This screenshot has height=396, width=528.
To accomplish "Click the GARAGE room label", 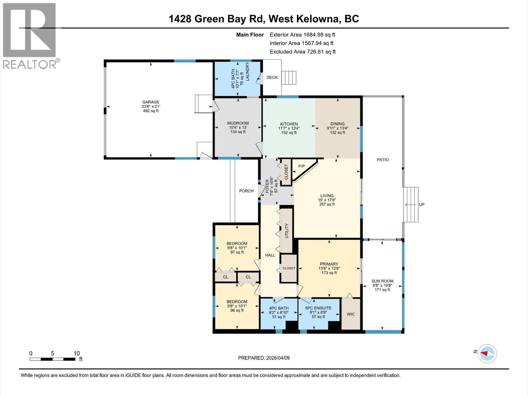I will click(150, 102).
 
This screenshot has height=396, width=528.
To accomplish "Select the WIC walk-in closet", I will click(351, 314).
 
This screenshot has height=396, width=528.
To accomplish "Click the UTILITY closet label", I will click(286, 231).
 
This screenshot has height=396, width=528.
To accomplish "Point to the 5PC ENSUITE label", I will click(318, 308).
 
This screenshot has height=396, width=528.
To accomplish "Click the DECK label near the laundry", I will click(272, 78).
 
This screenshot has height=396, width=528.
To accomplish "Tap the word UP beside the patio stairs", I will click(421, 205).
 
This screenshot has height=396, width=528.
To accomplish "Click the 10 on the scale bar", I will click(77, 353).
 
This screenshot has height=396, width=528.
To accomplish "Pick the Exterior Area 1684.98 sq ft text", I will click(302, 35).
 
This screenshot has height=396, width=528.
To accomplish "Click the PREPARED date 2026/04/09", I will click(264, 358).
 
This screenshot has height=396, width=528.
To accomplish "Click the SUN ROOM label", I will click(383, 281).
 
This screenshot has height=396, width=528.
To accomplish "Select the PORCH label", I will click(246, 191).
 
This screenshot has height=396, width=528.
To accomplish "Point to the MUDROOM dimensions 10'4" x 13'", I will click(238, 127).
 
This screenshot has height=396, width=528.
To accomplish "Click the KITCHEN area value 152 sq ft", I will click(289, 133).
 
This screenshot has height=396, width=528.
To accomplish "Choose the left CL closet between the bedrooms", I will click(225, 277).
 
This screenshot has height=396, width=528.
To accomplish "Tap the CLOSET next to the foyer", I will click(286, 172).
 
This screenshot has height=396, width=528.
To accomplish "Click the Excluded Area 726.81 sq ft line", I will click(302, 52).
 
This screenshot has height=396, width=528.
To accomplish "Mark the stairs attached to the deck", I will click(289, 78).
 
